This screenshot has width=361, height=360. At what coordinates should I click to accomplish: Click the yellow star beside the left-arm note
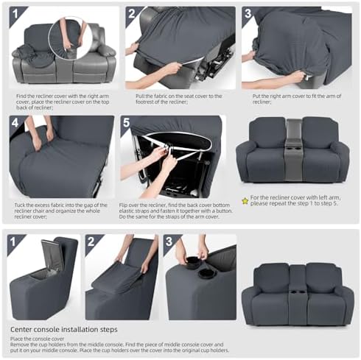click(245, 202)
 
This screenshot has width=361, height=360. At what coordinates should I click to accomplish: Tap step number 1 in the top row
click(15, 13)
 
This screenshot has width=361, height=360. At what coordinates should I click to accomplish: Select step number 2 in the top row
click(132, 13)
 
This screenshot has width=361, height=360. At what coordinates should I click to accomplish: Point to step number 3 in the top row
click(248, 13)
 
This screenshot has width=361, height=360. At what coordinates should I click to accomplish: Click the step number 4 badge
click(15, 122)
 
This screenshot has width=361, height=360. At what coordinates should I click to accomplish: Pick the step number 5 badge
click(126, 122)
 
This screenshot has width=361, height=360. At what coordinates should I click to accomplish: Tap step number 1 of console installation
click(13, 241)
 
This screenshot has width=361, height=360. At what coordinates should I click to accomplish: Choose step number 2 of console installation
click(91, 241)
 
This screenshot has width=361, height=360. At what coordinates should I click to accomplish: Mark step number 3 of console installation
click(169, 241)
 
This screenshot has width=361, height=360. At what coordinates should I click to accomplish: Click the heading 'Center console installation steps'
click(64, 329)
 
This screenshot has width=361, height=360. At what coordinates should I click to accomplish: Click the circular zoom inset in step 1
click(70, 38)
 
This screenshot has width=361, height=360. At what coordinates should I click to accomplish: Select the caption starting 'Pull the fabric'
click(179, 99)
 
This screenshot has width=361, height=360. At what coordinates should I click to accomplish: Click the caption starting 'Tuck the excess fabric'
click(61, 211)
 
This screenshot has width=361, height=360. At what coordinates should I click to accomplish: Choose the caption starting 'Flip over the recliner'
click(176, 211)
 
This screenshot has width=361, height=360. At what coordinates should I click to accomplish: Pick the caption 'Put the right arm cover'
click(297, 99)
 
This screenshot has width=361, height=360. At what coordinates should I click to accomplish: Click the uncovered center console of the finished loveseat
click(294, 149)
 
